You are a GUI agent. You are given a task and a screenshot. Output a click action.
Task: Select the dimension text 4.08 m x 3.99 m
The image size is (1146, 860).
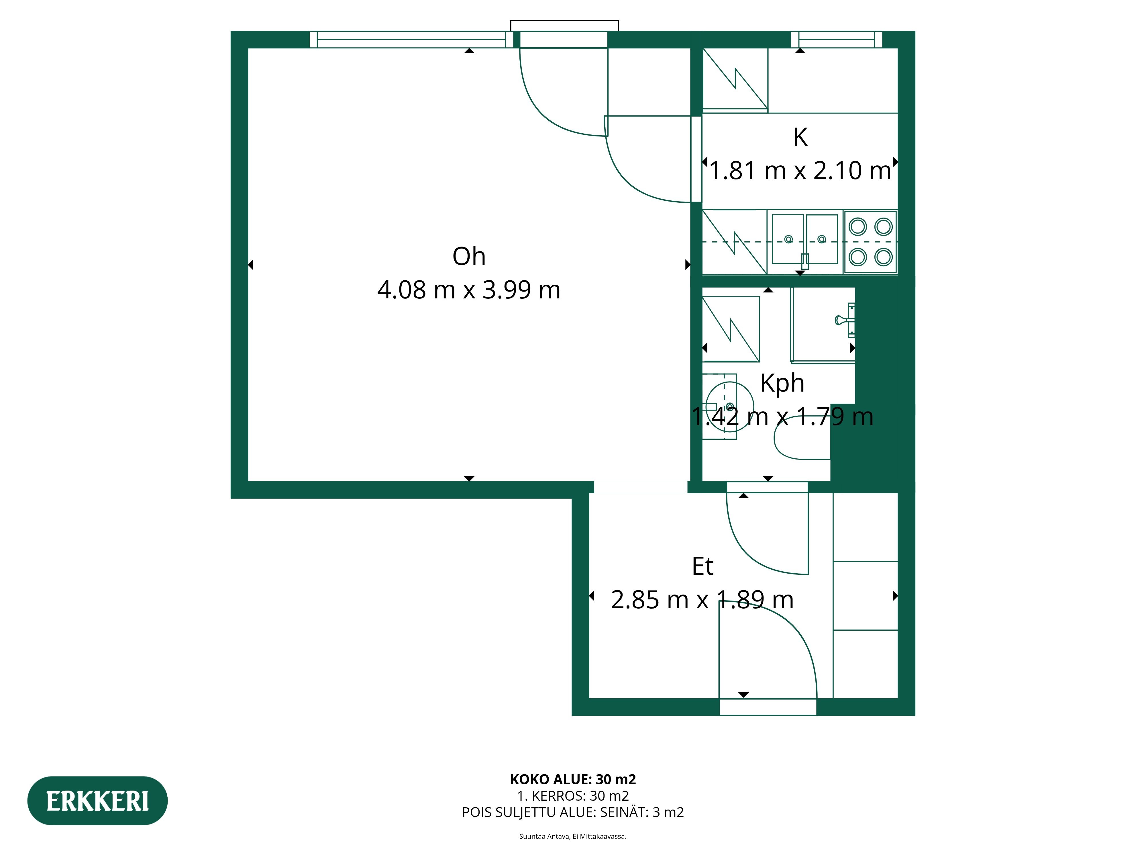[x=469, y=290]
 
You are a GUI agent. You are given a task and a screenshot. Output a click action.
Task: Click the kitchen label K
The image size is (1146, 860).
[x=800, y=137]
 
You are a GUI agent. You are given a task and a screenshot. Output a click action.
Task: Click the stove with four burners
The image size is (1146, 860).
[x=870, y=242]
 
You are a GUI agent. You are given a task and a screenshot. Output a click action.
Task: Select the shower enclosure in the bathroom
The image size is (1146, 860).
[x=823, y=325]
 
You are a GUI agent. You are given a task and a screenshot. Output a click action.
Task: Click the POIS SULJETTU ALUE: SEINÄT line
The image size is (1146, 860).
[x=573, y=812]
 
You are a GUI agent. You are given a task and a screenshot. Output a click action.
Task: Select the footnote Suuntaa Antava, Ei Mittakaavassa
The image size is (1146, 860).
[x=573, y=836]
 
